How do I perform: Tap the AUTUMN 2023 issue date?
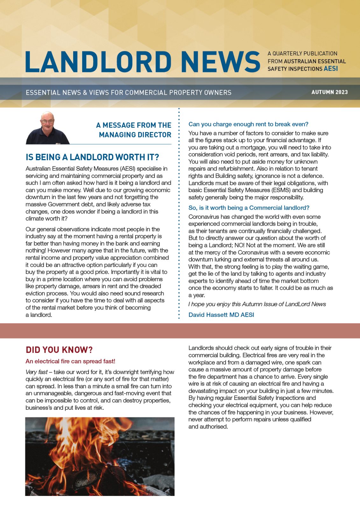coord(329,92)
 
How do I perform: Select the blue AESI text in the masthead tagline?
coord(331,69)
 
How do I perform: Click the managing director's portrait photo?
coord(47,128)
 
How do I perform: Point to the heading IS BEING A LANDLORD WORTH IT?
coord(92,157)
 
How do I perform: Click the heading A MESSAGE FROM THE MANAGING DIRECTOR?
coord(134,130)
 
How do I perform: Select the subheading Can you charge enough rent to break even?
coord(248,124)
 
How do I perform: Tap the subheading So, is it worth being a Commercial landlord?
coord(249,208)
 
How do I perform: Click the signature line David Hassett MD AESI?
coord(221,315)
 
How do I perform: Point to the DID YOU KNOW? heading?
coord(59,350)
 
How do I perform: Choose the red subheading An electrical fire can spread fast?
coord(70,361)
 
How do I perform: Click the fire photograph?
coord(100,457)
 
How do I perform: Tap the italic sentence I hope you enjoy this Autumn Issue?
coord(257,304)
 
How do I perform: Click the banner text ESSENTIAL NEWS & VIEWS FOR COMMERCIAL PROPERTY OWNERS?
coord(129,93)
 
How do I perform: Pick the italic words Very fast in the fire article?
coord(37,372)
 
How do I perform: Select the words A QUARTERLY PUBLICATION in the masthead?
coord(302,53)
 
